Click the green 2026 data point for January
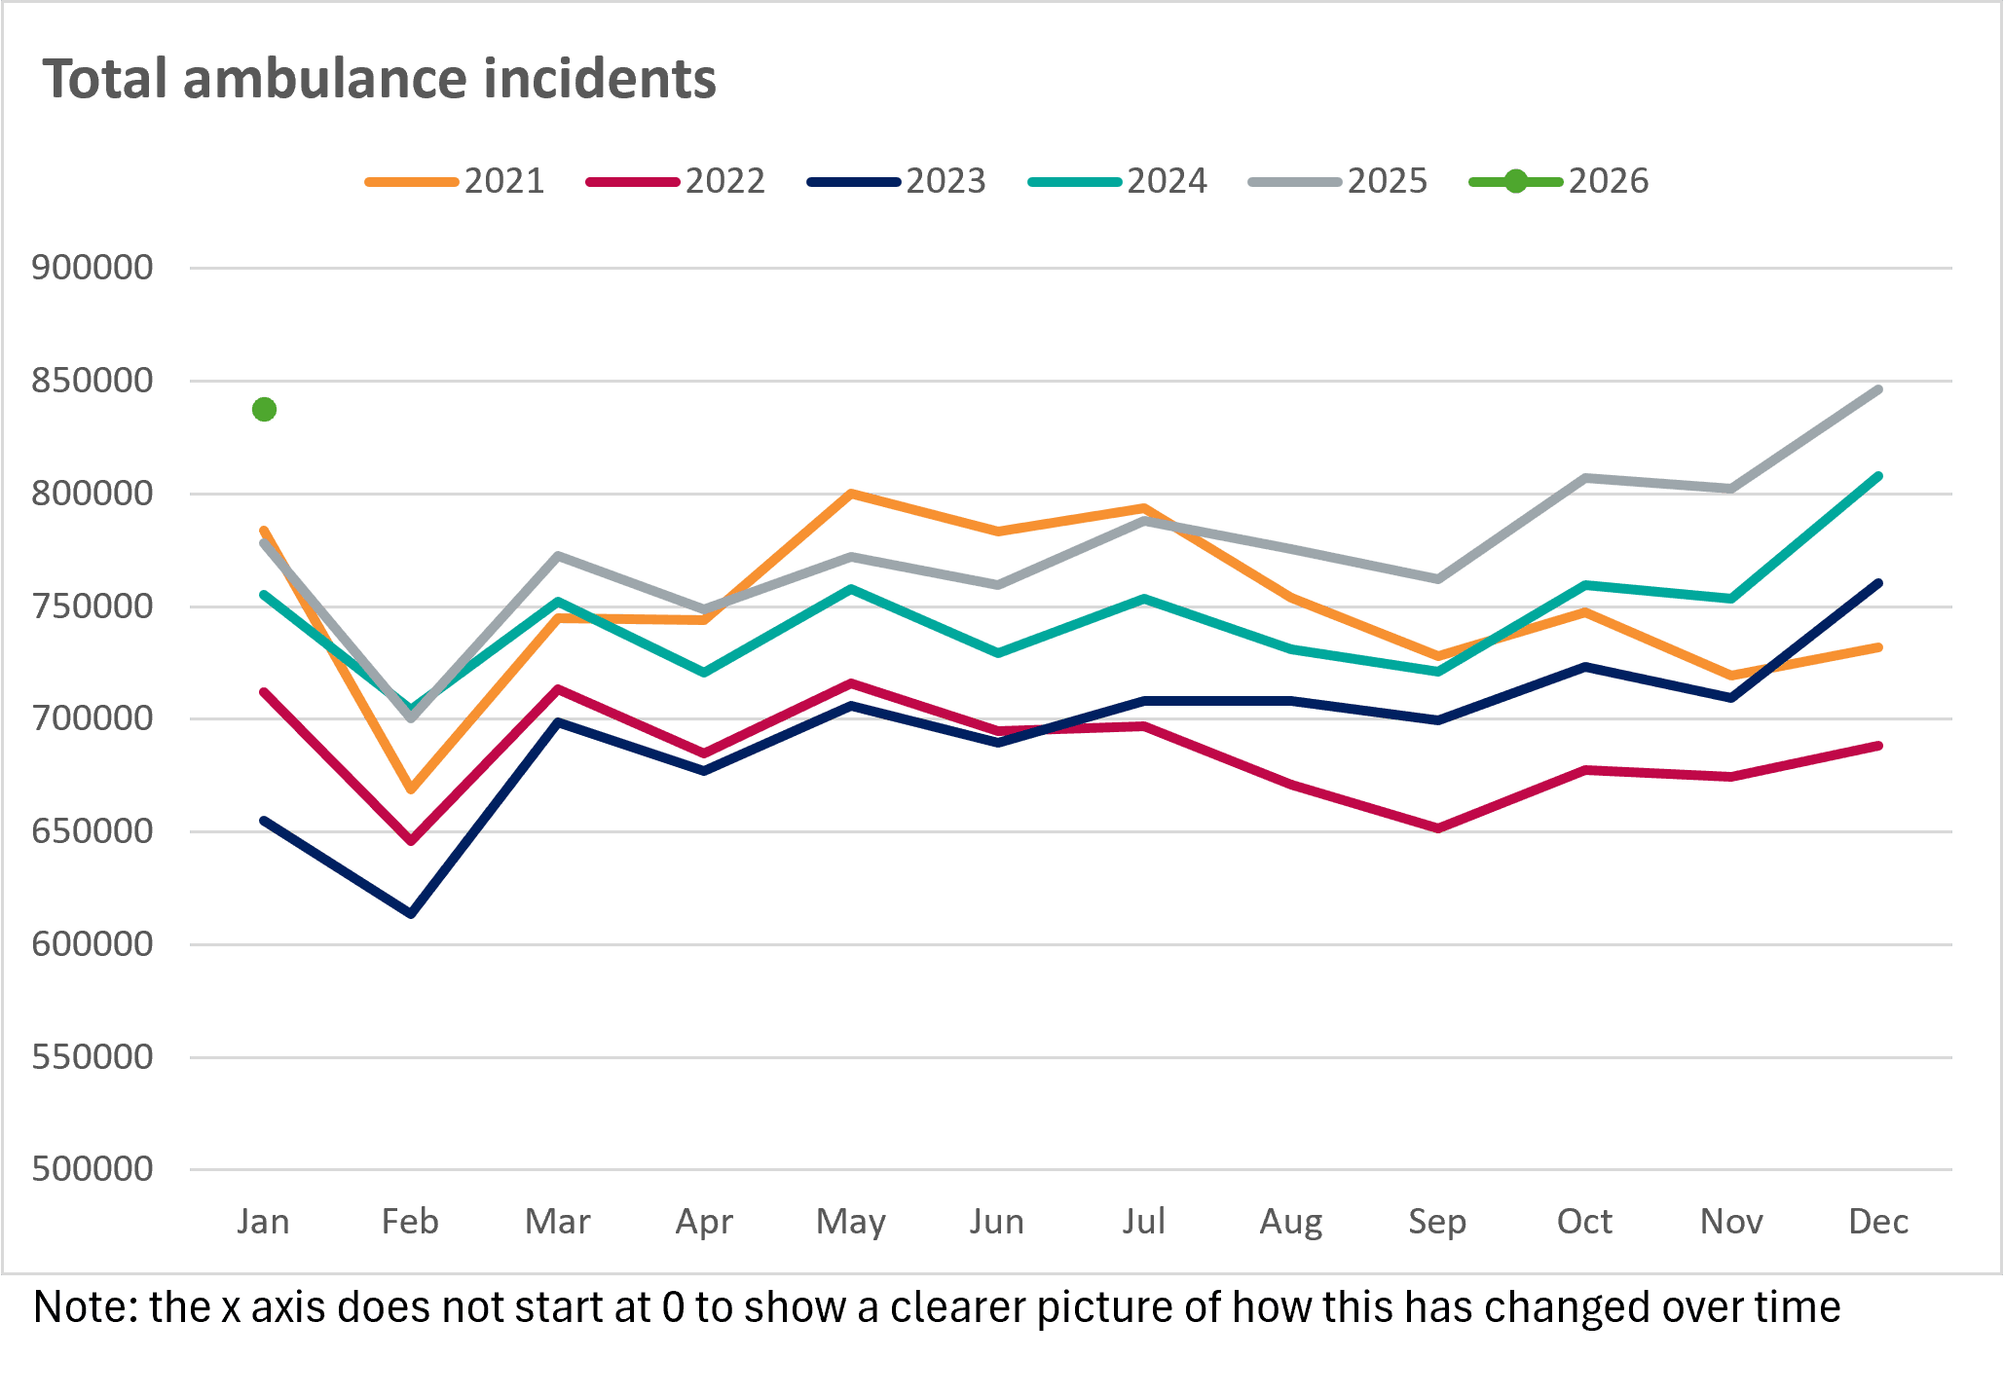click(x=264, y=410)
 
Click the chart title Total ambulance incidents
click(x=380, y=79)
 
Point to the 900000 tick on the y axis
click(x=93, y=267)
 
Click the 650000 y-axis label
click(x=93, y=831)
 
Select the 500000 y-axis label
click(x=93, y=1169)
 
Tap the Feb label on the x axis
click(x=410, y=1222)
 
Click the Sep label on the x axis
click(x=1437, y=1222)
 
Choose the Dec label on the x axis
click(x=1878, y=1222)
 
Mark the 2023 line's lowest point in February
click(x=411, y=914)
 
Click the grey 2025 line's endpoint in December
click(x=1878, y=389)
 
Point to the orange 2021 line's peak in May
click(x=851, y=494)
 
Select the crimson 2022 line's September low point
click(x=1437, y=828)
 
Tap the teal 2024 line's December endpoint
click(x=1878, y=476)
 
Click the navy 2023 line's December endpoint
click(x=1878, y=583)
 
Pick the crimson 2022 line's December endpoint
click(x=1878, y=746)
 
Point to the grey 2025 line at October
click(x=1585, y=478)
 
